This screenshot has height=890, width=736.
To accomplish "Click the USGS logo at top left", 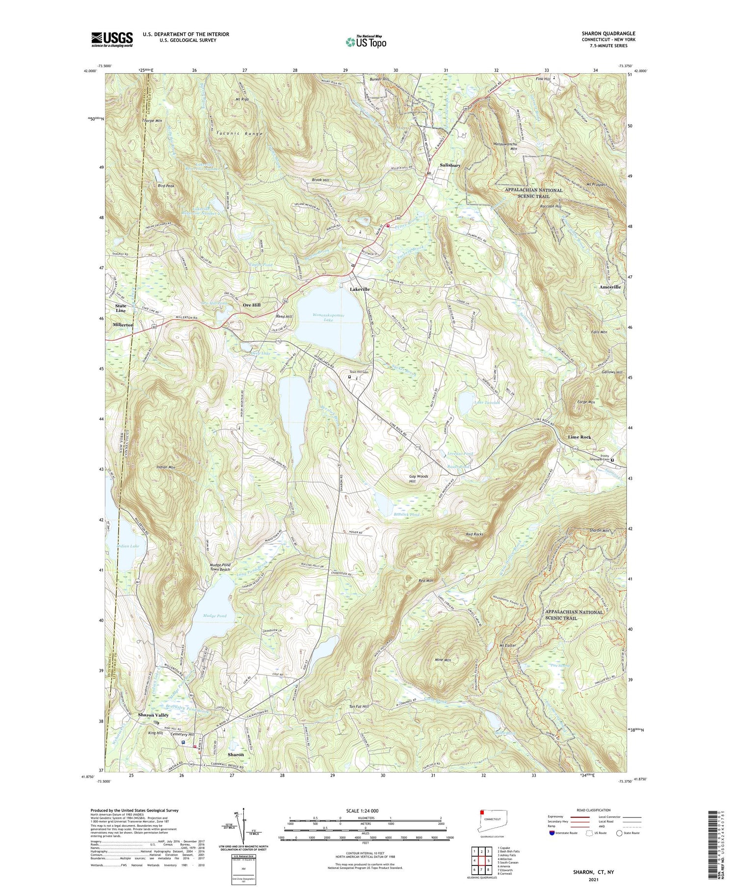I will [112, 39].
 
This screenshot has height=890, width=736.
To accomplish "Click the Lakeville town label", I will [360, 290].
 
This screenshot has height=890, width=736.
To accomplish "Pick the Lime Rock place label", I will [579, 437].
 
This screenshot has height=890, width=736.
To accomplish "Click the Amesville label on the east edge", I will [610, 287].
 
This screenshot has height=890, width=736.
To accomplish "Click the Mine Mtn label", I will [443, 660].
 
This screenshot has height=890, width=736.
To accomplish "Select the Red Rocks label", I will [474, 534].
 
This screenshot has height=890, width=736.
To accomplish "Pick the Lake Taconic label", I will [487, 403].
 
